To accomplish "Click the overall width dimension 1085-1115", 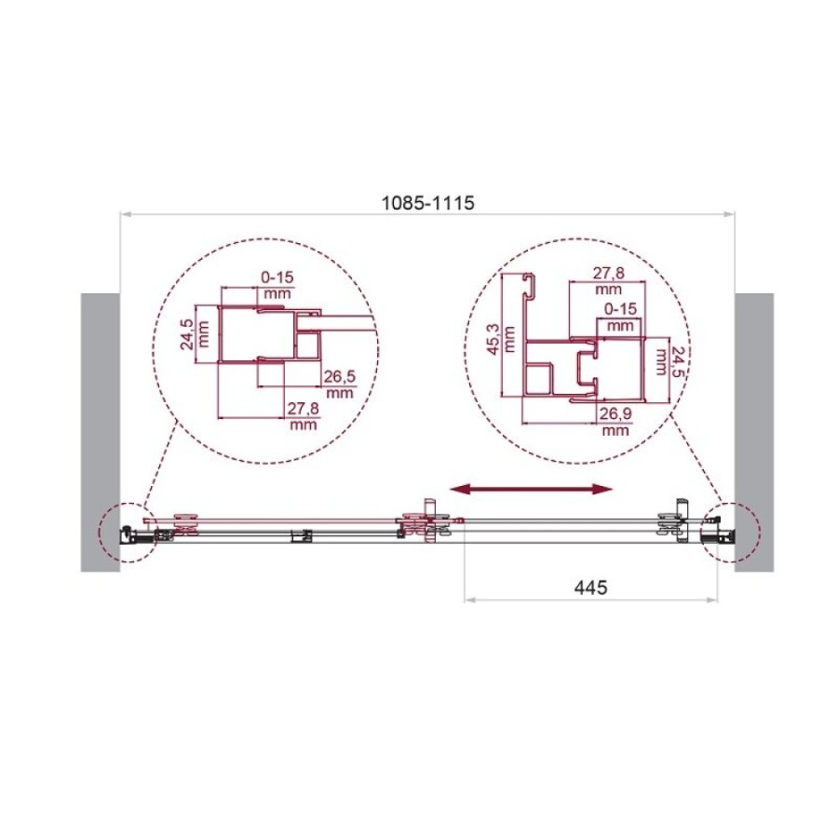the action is [x=427, y=203].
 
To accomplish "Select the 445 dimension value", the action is [x=590, y=588].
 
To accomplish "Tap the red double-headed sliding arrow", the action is [x=530, y=489].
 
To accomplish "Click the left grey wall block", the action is [x=100, y=432].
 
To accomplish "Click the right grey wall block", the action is [x=754, y=432].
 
